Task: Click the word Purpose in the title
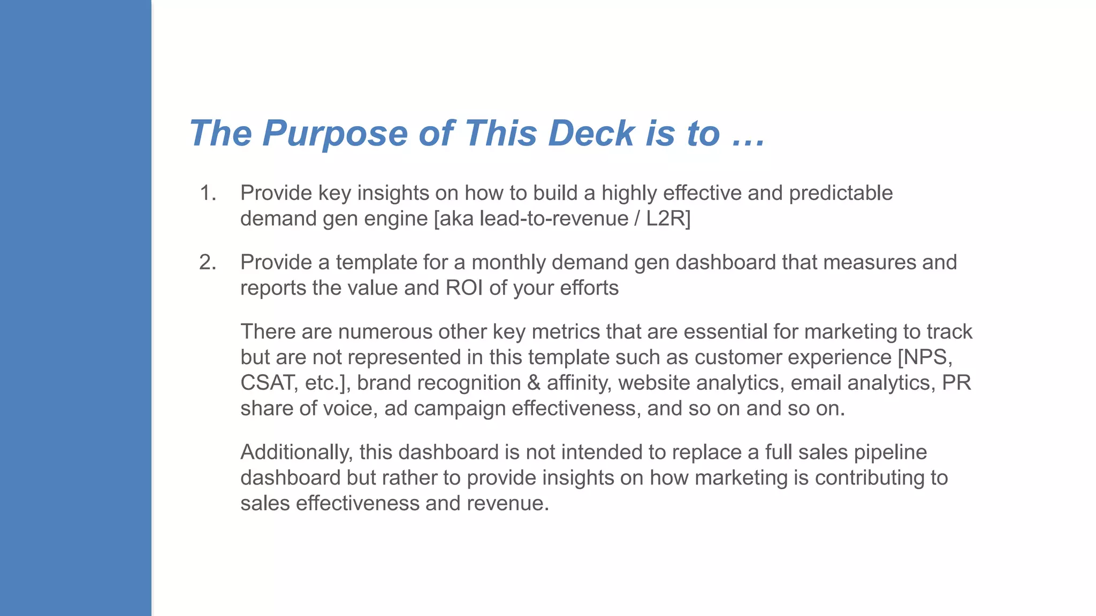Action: pyautogui.click(x=335, y=133)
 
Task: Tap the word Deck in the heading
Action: pyautogui.click(x=591, y=133)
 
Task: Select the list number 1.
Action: pyautogui.click(x=207, y=193)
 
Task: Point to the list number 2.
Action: pyautogui.click(x=207, y=263)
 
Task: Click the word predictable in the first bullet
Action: pyautogui.click(x=841, y=193)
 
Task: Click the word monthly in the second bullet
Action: pyautogui.click(x=509, y=263)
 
